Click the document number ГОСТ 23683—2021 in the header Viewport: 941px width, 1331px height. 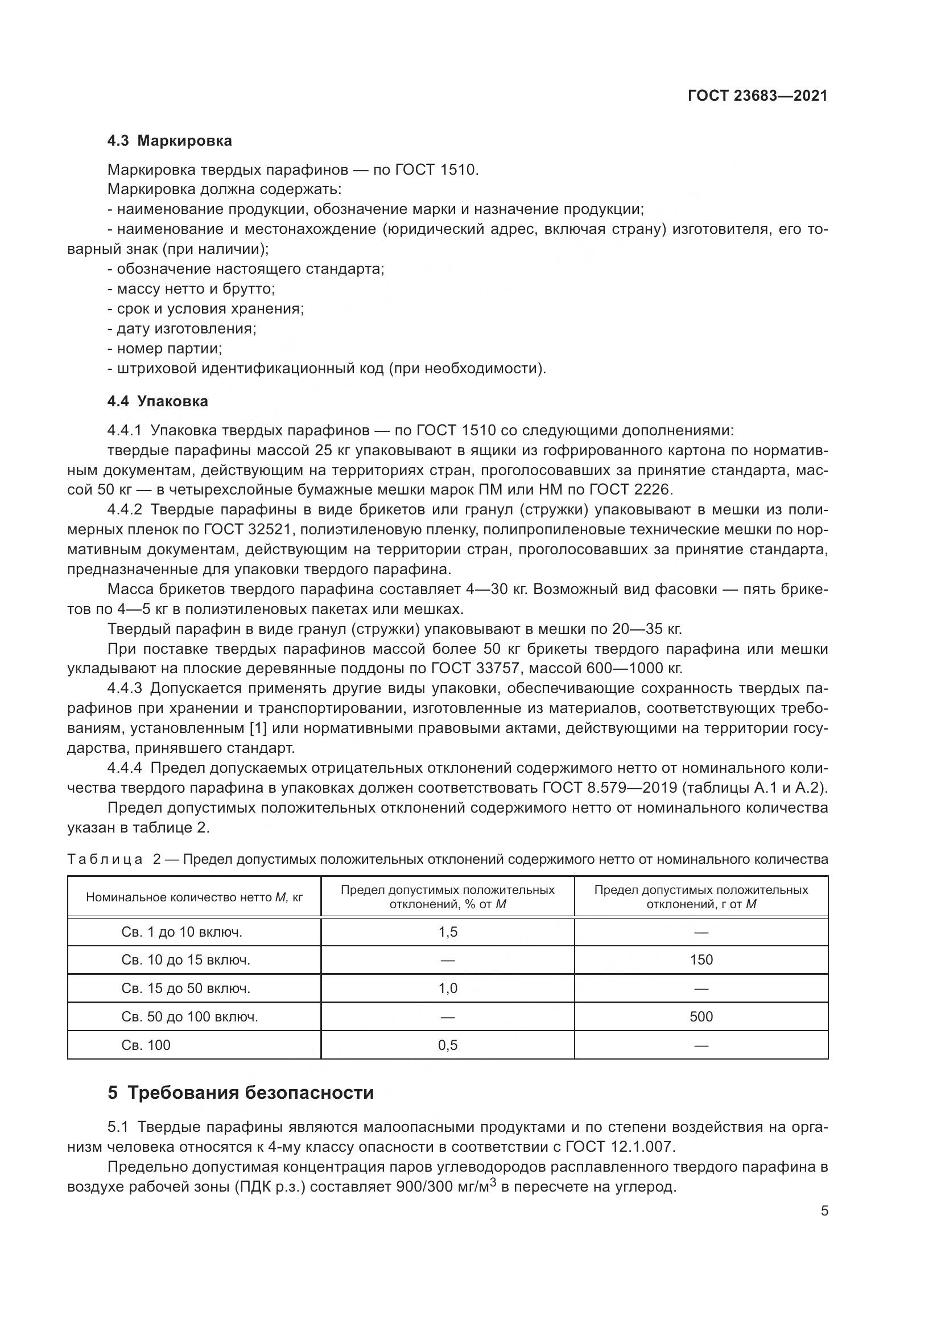[x=757, y=96]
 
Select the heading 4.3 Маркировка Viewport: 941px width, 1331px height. [x=169, y=141]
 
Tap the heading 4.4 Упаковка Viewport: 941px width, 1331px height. [x=158, y=401]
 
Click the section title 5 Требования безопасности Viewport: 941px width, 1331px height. [x=241, y=1093]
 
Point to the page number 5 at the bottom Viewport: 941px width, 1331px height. [x=824, y=1211]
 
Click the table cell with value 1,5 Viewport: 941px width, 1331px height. [x=447, y=932]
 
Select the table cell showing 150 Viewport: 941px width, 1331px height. [x=700, y=960]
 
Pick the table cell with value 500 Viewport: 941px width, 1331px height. [x=700, y=1017]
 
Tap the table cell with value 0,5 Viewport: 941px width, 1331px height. [x=447, y=1045]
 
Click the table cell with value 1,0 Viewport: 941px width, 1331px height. [x=447, y=988]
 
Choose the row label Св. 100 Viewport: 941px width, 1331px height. [x=146, y=1045]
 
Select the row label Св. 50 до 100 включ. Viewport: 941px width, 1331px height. [x=189, y=1017]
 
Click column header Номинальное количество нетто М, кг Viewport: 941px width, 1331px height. [x=194, y=898]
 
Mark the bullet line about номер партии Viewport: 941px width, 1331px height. [x=165, y=348]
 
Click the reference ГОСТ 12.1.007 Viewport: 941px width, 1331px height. [x=619, y=1147]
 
